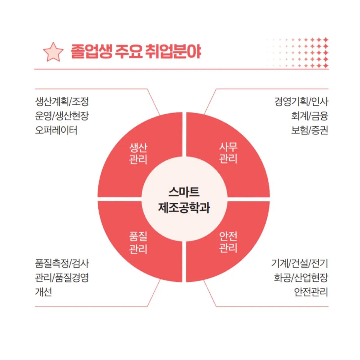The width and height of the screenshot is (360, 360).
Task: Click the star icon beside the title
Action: click(53, 52)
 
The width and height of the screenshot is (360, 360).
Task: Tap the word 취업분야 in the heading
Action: click(173, 51)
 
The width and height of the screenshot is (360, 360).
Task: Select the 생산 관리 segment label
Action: click(138, 154)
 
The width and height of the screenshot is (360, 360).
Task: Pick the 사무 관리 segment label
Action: click(228, 153)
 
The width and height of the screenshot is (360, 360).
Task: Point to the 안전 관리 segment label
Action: click(228, 242)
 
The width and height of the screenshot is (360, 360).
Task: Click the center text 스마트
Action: click(184, 192)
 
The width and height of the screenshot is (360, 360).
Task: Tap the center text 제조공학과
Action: click(184, 208)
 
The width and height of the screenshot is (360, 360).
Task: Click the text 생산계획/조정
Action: click(62, 102)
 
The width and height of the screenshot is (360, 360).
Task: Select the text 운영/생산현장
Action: click(62, 116)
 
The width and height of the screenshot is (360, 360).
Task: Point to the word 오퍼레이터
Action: click(56, 130)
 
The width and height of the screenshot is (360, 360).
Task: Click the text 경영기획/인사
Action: click(301, 102)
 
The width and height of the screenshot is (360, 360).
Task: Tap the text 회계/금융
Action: click(310, 116)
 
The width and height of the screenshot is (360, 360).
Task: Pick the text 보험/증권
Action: click(310, 130)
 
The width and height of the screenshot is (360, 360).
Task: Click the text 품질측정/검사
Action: click(62, 263)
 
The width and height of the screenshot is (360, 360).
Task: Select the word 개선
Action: click(43, 292)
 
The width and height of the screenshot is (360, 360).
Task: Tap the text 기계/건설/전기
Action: click(300, 263)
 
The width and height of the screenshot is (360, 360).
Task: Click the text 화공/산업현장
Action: click(301, 277)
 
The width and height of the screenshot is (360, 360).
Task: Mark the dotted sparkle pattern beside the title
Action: click(297, 53)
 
